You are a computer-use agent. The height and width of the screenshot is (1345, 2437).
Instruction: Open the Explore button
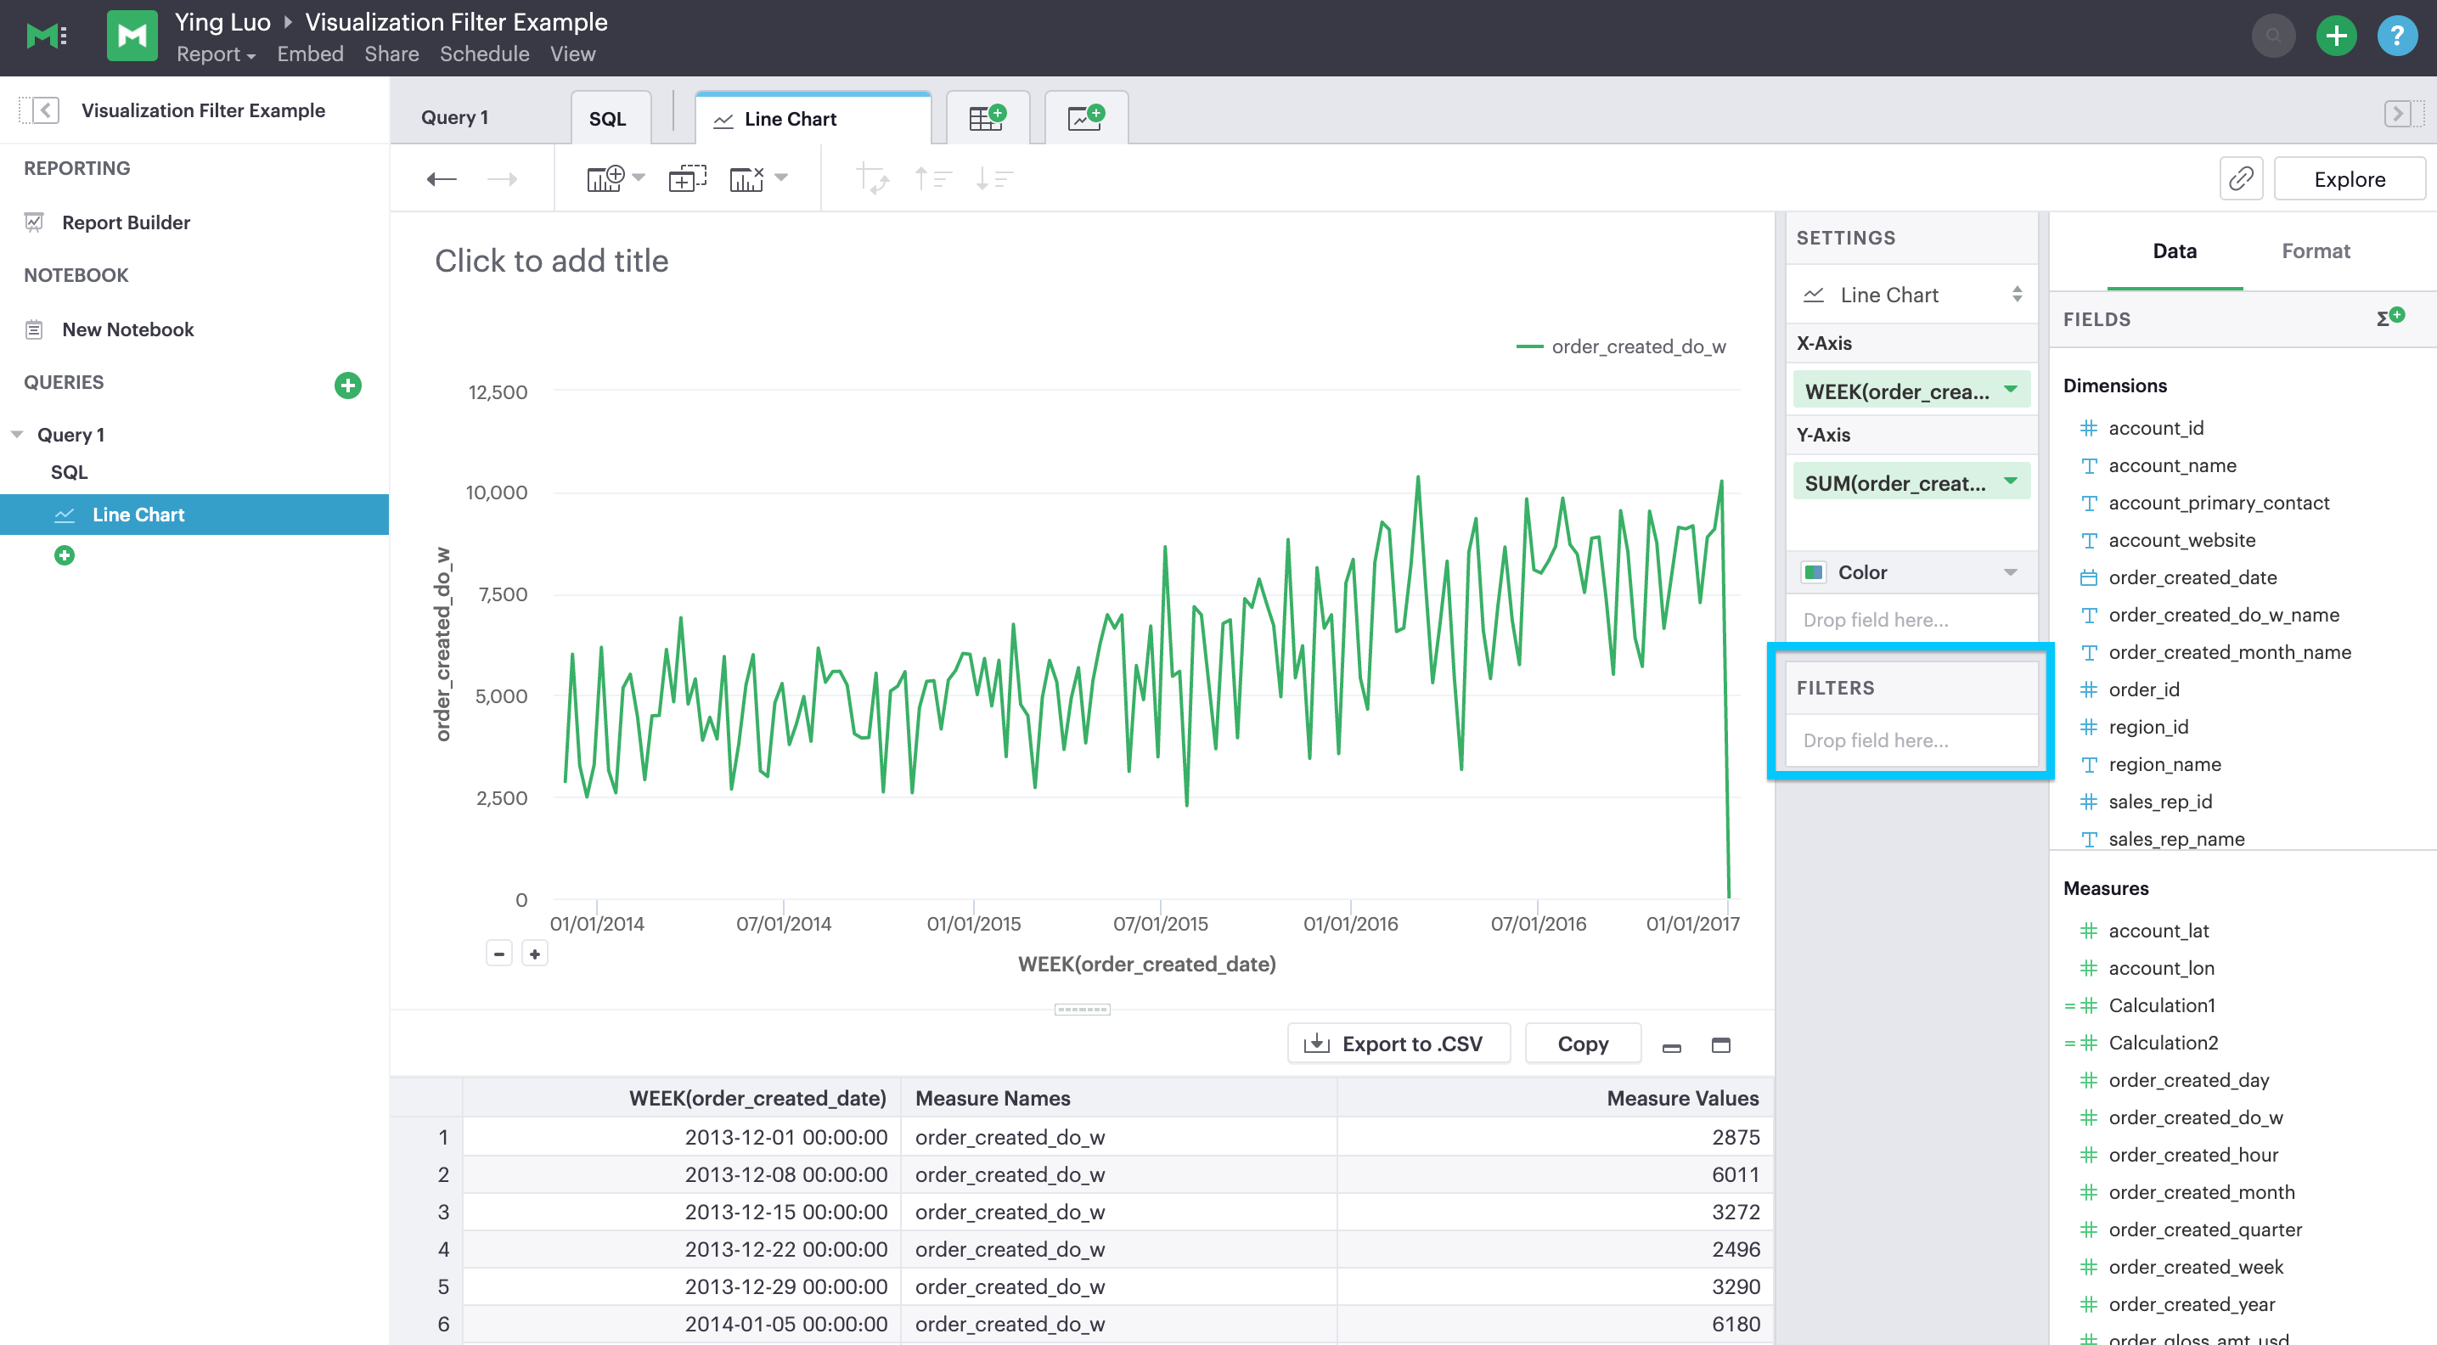pyautogui.click(x=2349, y=179)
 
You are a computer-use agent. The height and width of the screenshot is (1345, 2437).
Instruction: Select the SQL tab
pyautogui.click(x=607, y=118)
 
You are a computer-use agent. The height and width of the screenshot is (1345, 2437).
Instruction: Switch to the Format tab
pyautogui.click(x=2315, y=250)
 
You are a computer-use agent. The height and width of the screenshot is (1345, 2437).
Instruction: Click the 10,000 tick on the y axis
pyautogui.click(x=497, y=492)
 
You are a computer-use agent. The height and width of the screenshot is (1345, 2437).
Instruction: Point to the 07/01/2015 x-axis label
pyautogui.click(x=1160, y=923)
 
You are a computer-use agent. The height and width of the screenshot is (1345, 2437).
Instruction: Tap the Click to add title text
pyautogui.click(x=552, y=261)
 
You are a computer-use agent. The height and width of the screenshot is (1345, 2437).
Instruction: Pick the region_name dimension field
pyautogui.click(x=2164, y=764)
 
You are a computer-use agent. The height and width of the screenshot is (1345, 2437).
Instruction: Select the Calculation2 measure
pyautogui.click(x=2163, y=1043)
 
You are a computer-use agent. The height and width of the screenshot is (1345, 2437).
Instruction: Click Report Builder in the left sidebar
pyautogui.click(x=126, y=222)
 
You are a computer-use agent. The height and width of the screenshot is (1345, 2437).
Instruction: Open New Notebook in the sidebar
pyautogui.click(x=127, y=329)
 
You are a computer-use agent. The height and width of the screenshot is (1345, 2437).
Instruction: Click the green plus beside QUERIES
pyautogui.click(x=347, y=385)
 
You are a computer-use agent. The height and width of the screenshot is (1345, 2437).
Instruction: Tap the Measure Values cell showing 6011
pyautogui.click(x=1734, y=1173)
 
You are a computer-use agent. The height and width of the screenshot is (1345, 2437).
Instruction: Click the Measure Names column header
pyautogui.click(x=993, y=1097)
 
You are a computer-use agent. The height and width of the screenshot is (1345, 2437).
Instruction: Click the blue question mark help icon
pyautogui.click(x=2396, y=37)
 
